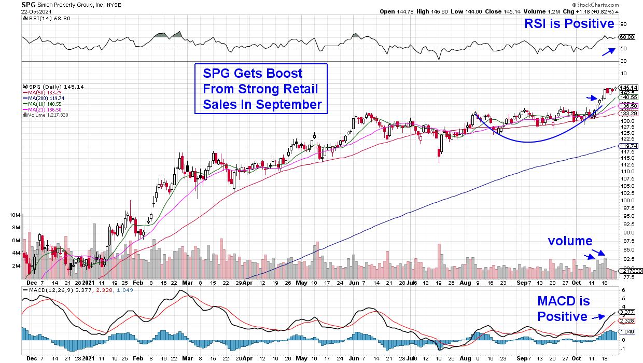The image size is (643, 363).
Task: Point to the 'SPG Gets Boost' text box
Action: [x=261, y=89]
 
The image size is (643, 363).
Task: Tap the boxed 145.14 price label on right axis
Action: [x=628, y=87]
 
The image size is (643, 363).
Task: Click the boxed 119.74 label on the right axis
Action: [x=628, y=146]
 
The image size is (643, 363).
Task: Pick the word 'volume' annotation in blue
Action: [x=571, y=241]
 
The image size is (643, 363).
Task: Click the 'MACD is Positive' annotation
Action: [x=564, y=309]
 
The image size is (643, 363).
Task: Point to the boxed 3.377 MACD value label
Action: [x=628, y=312]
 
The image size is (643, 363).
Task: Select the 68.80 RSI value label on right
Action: [x=627, y=37]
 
